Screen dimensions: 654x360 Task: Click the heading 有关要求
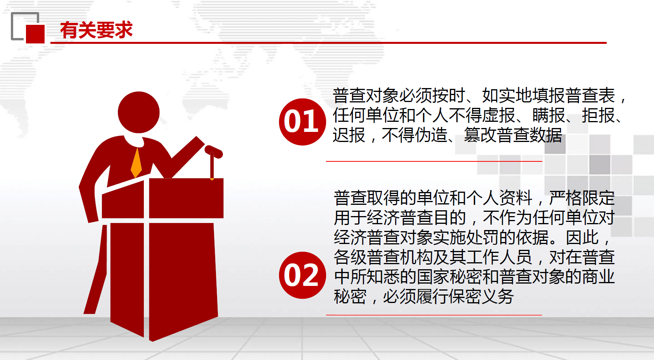[97, 30]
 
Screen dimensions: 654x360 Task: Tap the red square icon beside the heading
[35, 34]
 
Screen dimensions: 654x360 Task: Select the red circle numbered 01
[302, 122]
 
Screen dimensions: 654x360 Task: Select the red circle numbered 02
[302, 275]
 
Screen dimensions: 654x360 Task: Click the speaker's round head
[139, 112]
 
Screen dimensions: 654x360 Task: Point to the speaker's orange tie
[136, 163]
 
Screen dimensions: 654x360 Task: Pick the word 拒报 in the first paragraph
[598, 116]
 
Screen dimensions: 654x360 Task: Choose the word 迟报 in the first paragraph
[349, 135]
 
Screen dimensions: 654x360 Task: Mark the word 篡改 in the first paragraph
[480, 135]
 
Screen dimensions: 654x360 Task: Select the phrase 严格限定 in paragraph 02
[582, 198]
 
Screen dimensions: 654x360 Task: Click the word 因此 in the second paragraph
[582, 237]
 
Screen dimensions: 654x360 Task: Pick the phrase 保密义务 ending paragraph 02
[481, 297]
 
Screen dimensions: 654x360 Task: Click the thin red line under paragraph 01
[434, 161]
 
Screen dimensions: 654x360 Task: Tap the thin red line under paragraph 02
[434, 315]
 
